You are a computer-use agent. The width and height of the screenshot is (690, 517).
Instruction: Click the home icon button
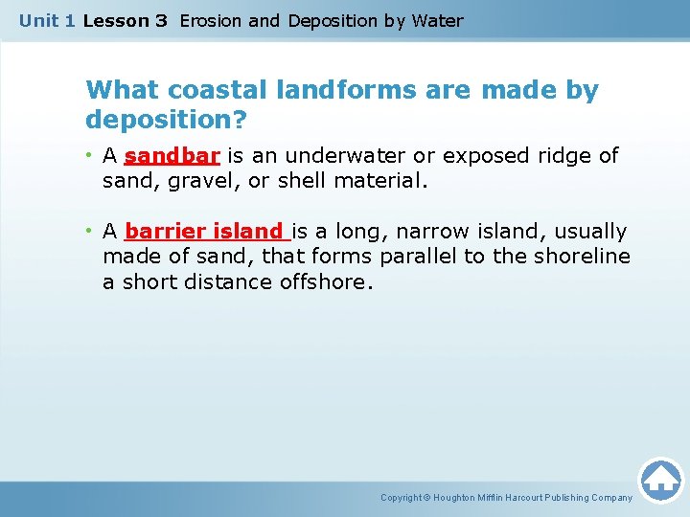click(660, 480)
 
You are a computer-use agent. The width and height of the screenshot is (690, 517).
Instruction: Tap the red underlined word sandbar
click(172, 155)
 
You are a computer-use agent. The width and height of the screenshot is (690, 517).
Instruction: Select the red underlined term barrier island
click(205, 232)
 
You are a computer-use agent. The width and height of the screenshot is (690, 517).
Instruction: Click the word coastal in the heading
click(218, 91)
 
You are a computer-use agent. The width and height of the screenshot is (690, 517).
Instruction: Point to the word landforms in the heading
click(341, 91)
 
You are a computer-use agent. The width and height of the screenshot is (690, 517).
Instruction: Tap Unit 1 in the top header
click(47, 20)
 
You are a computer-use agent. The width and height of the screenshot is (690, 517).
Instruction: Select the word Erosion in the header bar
click(211, 20)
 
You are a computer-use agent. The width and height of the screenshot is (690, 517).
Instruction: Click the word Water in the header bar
click(437, 20)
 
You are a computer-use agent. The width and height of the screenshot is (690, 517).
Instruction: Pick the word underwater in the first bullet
click(354, 155)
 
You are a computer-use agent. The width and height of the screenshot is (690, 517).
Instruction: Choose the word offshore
click(325, 282)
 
